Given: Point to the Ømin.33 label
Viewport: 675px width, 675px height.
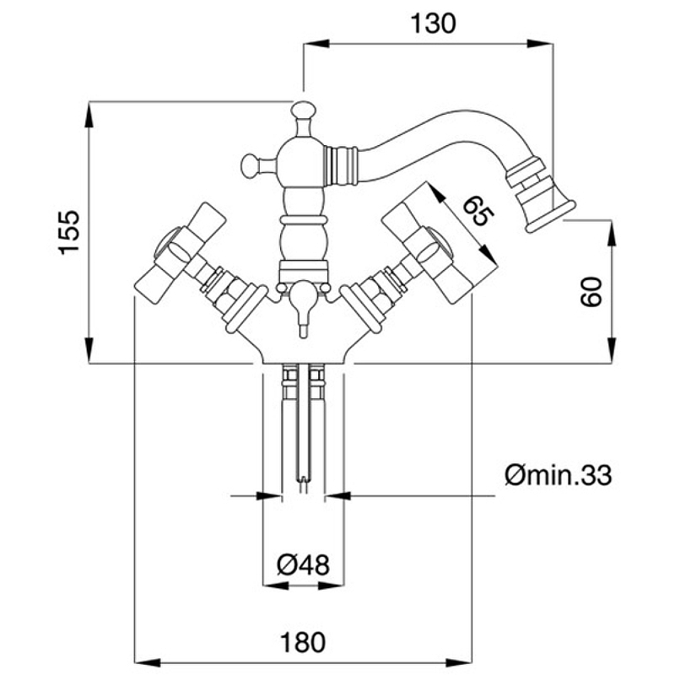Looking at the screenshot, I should [x=557, y=477].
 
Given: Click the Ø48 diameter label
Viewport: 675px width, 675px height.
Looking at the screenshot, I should [x=302, y=562].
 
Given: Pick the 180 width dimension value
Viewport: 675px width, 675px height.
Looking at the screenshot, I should [x=302, y=642].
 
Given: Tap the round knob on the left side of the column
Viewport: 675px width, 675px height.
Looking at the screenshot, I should [x=250, y=163].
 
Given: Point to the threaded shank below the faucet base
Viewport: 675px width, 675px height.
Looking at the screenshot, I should [x=302, y=422].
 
